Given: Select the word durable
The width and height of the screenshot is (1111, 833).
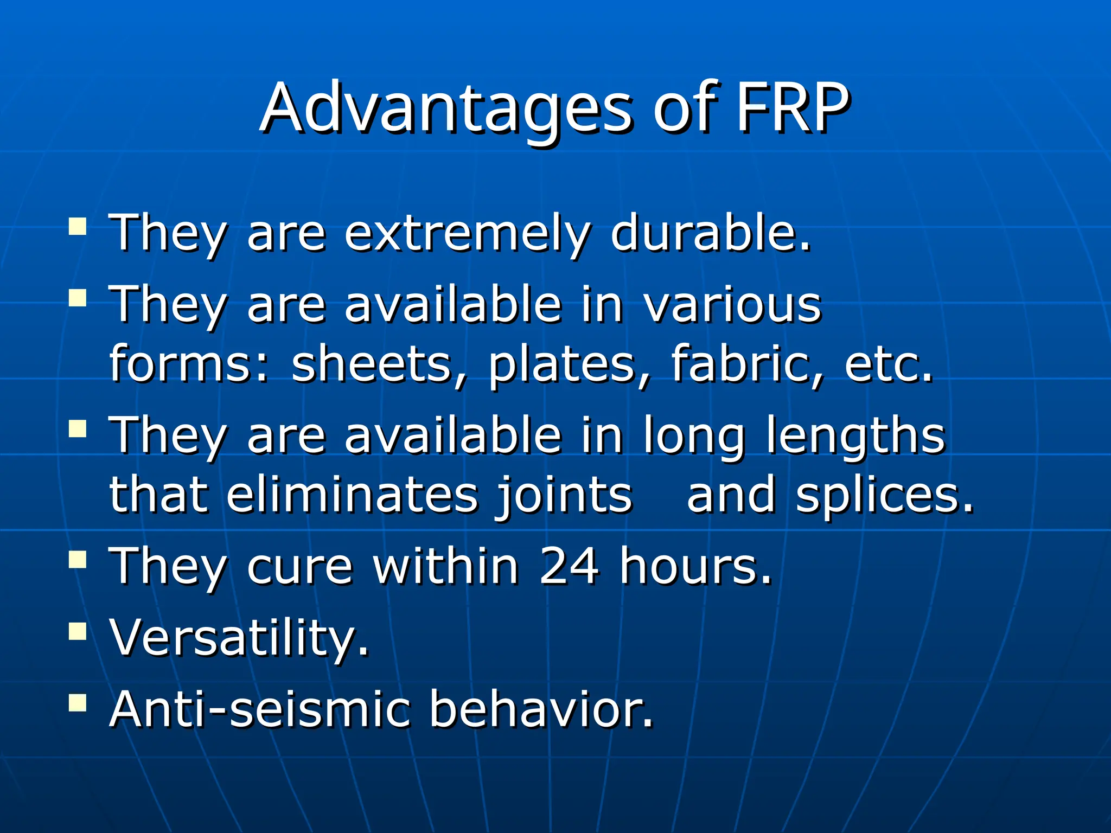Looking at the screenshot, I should (x=710, y=233).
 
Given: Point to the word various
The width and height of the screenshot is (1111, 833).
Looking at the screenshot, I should (x=732, y=305).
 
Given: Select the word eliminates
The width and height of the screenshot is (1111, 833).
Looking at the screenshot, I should (x=353, y=495).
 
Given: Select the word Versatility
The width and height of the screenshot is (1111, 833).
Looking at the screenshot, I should (x=239, y=638).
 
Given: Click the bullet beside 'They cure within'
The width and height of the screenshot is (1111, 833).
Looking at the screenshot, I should (x=78, y=559).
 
